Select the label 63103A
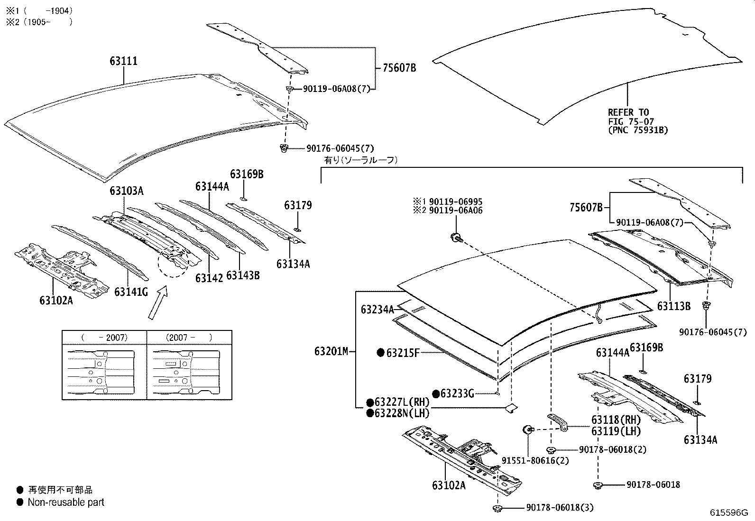[126, 191]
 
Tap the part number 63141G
[131, 292]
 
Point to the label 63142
[209, 278]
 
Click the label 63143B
[243, 275]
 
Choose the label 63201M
[331, 351]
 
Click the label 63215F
[403, 353]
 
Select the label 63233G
[457, 393]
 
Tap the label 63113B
[673, 306]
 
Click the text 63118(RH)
[616, 420]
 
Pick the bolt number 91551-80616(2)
[535, 460]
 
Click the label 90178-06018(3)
[559, 508]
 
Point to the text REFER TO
[628, 112]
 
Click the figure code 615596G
[728, 512]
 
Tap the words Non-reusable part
[66, 502]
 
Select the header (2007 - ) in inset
[189, 338]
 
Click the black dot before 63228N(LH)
[369, 413]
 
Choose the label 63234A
[377, 310]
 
